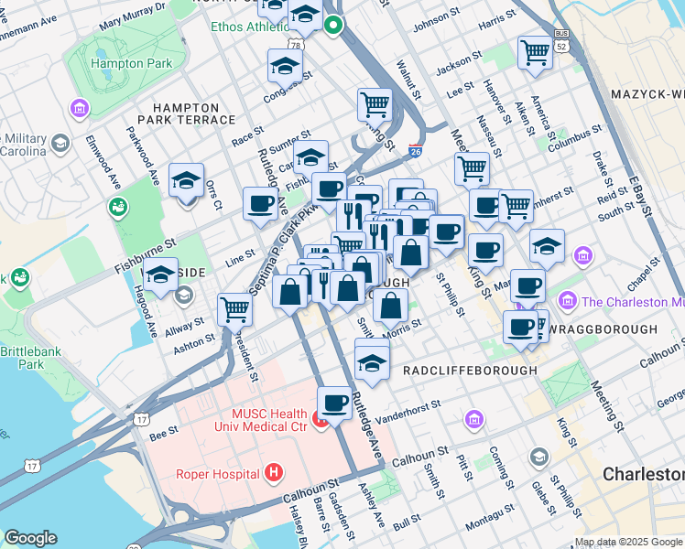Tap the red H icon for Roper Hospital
(272, 473)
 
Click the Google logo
(30, 538)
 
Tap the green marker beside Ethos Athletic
(334, 26)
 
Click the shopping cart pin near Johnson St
(534, 51)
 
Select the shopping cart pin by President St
(235, 309)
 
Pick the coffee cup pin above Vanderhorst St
(335, 402)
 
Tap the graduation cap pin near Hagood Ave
(161, 274)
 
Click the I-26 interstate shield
(415, 151)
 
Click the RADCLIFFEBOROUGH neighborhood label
(470, 370)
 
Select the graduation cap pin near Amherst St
(547, 245)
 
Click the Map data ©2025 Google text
(628, 542)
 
